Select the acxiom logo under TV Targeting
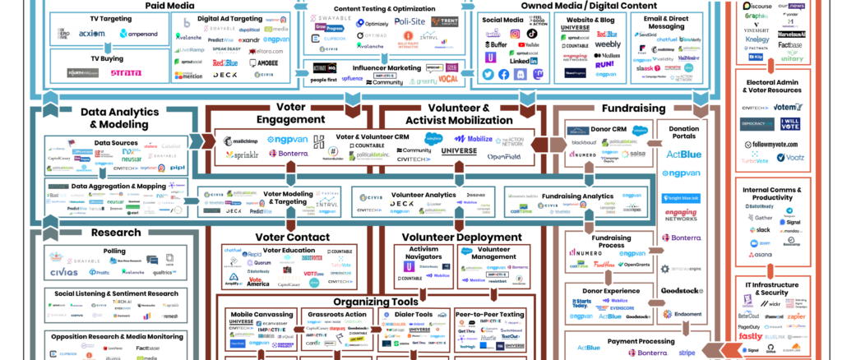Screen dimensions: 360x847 [x=91, y=34]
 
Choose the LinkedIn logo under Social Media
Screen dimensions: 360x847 [x=523, y=61]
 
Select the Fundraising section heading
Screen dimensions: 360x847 [x=634, y=108]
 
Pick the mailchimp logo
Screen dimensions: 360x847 [x=244, y=139]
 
